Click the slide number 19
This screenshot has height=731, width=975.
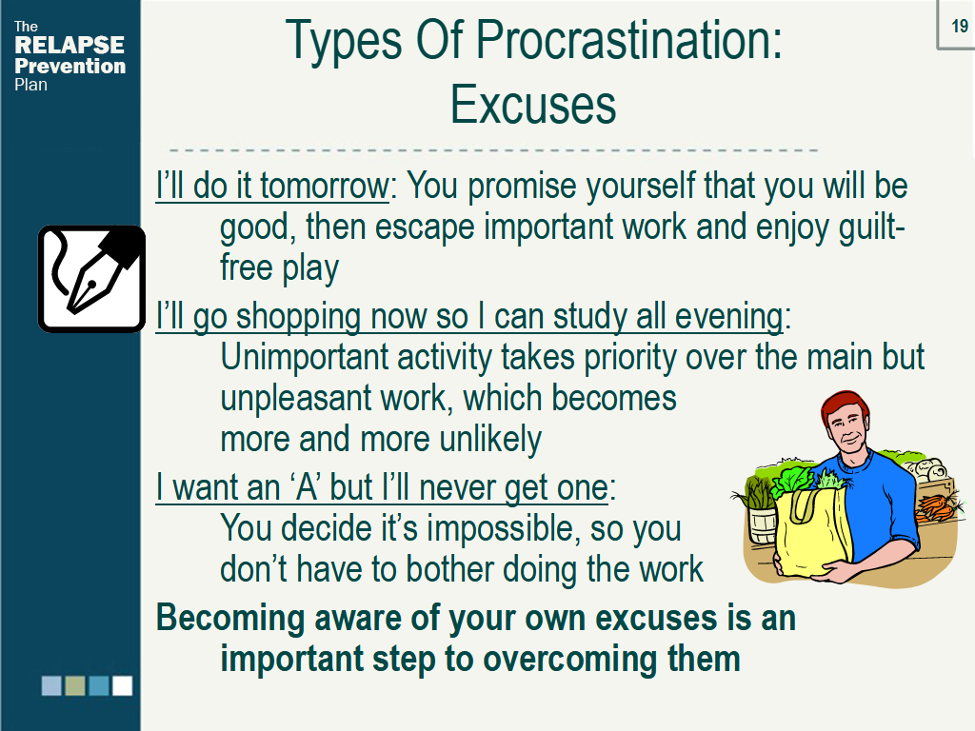(959, 26)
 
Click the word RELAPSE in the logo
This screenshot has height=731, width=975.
(70, 46)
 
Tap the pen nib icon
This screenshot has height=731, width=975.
(91, 278)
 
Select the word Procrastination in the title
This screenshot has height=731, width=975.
(628, 40)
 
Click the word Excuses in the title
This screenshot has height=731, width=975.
(533, 105)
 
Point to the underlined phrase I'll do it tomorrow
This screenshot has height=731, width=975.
(272, 186)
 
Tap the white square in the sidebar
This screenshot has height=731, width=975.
(122, 685)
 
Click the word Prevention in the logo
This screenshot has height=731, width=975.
(70, 66)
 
